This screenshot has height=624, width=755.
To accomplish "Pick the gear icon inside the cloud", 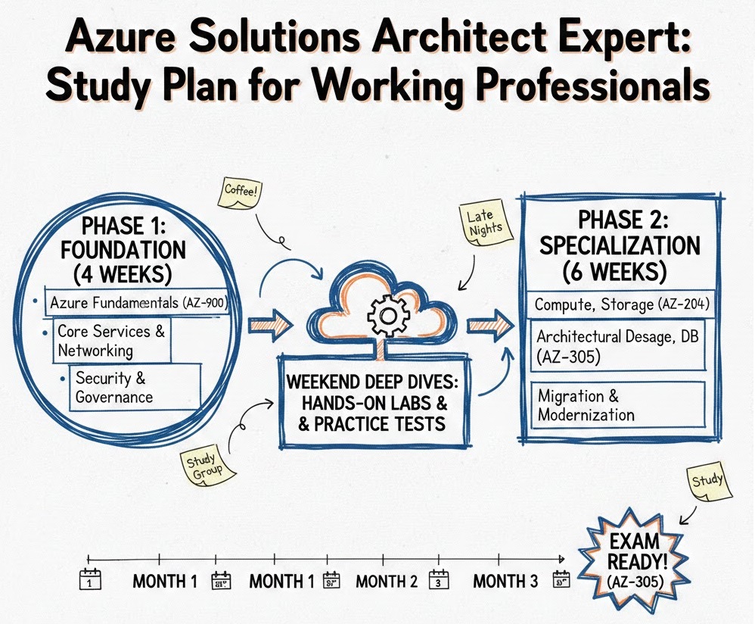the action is [x=388, y=316].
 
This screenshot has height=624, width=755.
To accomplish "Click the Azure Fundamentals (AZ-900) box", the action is [x=137, y=303].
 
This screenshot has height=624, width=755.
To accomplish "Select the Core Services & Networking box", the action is [x=112, y=340].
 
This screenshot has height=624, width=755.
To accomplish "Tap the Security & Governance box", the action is [x=135, y=388].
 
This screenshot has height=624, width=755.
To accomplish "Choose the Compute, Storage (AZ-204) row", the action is [x=621, y=304].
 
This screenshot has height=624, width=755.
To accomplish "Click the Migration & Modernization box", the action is [x=618, y=405].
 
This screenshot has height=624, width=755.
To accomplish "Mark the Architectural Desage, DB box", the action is [x=618, y=345].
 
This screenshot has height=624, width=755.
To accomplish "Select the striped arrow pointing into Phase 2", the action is [x=490, y=326].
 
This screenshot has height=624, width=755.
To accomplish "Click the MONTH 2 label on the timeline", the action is [x=387, y=581].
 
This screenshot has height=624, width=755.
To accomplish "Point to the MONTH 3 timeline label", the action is [x=505, y=581].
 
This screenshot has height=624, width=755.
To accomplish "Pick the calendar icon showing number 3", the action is [x=438, y=579].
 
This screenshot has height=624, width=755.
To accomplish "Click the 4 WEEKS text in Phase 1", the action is [x=123, y=274].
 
